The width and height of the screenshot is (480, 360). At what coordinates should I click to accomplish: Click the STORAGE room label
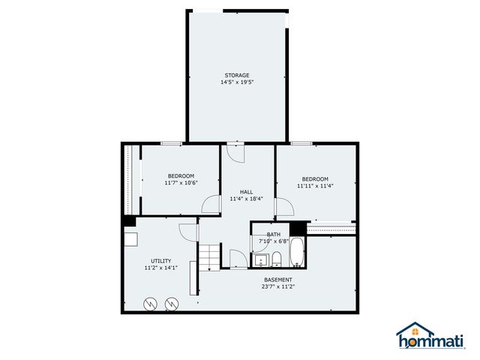point(237,75)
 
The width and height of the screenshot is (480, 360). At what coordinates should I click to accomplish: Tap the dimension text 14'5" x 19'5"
point(237,82)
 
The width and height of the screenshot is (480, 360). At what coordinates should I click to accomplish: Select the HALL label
point(246,191)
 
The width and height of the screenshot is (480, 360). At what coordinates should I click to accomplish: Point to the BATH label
point(274,235)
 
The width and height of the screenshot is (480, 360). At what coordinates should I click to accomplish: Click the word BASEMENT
point(278,280)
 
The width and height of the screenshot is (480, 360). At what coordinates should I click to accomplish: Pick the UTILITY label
point(160,261)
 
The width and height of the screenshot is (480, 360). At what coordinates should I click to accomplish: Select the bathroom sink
point(260,260)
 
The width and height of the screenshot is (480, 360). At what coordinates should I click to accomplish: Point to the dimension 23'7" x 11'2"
point(278,286)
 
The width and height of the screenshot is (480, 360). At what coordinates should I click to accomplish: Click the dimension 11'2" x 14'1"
point(160,268)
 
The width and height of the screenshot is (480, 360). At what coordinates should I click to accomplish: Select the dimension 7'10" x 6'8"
point(274,241)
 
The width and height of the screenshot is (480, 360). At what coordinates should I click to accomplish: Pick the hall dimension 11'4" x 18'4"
point(246,199)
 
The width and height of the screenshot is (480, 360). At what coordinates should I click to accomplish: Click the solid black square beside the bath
point(298,228)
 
